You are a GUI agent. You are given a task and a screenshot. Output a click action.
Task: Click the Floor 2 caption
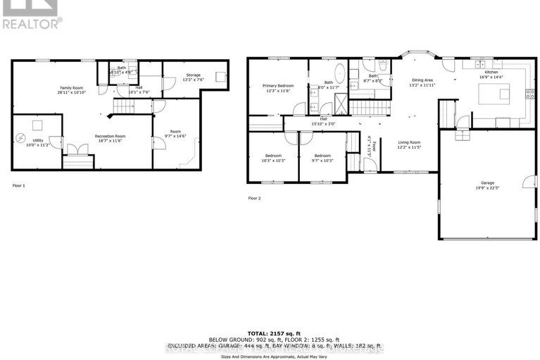click(x=254, y=198)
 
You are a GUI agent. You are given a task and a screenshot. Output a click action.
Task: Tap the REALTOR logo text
click(x=32, y=23)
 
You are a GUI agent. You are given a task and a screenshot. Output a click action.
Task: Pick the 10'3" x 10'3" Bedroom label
click(x=273, y=158)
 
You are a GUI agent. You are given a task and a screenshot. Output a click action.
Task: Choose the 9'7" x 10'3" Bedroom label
click(x=322, y=158)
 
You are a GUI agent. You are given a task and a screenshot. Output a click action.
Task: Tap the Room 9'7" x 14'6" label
click(x=176, y=134)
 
